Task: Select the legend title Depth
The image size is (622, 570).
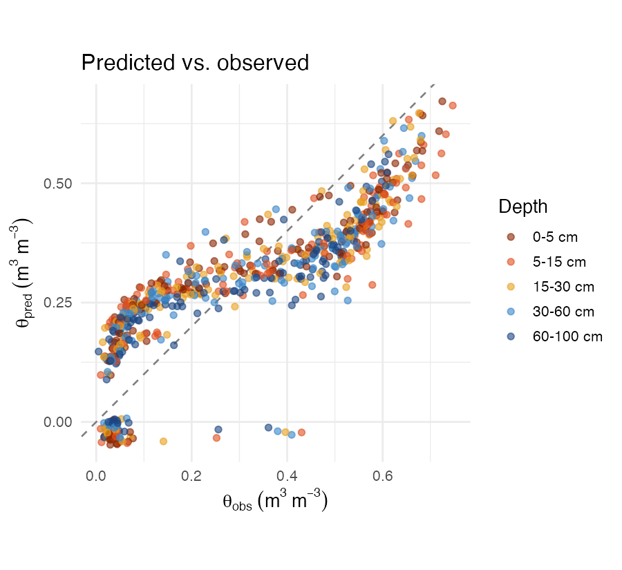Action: tap(523, 207)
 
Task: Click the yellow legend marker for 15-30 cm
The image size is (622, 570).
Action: tap(510, 287)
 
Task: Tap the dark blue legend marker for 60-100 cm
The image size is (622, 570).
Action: tap(510, 336)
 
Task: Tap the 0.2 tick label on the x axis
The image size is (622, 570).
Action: tap(191, 476)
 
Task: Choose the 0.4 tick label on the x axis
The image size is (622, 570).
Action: tap(287, 476)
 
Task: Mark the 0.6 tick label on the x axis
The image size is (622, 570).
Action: tap(382, 476)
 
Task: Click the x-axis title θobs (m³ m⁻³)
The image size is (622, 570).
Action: tap(274, 501)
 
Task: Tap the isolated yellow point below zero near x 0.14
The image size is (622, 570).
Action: tap(164, 441)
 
